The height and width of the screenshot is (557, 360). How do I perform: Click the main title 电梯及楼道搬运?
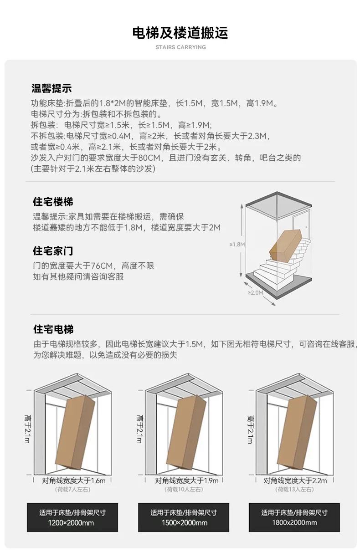pyautogui.click(x=180, y=33)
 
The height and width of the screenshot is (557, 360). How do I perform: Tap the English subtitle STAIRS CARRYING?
pyautogui.click(x=180, y=47)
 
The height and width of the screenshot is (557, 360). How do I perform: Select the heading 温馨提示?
pyautogui.click(x=51, y=88)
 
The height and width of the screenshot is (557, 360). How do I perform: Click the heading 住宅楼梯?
pyautogui.click(x=53, y=202)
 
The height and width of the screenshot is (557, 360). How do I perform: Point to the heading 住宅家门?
pyautogui.click(x=53, y=251)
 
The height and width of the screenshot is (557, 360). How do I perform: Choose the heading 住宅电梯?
pyautogui.click(x=53, y=329)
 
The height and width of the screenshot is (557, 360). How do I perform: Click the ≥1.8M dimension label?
pyautogui.click(x=237, y=245)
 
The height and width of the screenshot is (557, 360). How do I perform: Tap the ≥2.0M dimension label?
pyautogui.click(x=255, y=292)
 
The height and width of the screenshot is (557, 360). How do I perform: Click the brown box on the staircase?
pyautogui.click(x=286, y=245)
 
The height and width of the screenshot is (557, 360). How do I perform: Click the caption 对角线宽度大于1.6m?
pyautogui.click(x=74, y=480)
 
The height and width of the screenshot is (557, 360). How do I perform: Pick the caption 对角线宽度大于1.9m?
pyautogui.click(x=186, y=480)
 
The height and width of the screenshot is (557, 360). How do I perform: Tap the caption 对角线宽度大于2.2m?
pyautogui.click(x=295, y=480)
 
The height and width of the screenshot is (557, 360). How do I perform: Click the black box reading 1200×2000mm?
pyautogui.click(x=72, y=517)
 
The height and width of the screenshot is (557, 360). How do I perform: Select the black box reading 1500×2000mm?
pyautogui.click(x=184, y=517)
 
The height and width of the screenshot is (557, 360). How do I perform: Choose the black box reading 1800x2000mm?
pyautogui.click(x=294, y=517)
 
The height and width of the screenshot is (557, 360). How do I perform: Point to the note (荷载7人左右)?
pyautogui.click(x=72, y=489)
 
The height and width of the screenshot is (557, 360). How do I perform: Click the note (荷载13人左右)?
pyautogui.click(x=294, y=489)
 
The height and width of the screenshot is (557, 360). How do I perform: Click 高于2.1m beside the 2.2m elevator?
pyautogui.click(x=250, y=429)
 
